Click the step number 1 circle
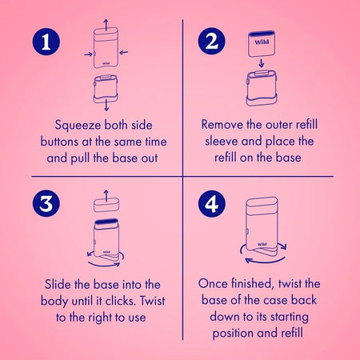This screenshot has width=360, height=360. coord(46,42)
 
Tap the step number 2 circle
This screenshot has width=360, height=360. coord(212,42)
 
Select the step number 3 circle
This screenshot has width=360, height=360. coord(46,203)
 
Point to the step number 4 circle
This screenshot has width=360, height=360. coord(212,204)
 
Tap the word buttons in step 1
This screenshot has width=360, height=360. coord(59,142)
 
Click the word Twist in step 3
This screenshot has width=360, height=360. coord(153,301)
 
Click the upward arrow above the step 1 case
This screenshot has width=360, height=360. coord(106,25)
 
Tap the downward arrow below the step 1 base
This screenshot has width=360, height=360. coord(106,106)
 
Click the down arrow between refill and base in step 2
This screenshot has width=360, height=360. coord(262,63)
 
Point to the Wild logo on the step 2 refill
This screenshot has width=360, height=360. coord(262,42)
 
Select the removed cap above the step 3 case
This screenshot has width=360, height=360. coord(106,205)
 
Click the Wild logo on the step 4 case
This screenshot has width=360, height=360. coord(262,244)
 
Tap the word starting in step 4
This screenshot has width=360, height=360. coord(290,318)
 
